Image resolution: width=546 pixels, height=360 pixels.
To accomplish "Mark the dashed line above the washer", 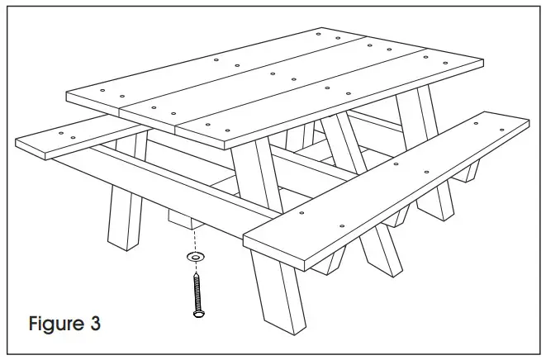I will (195, 242).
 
